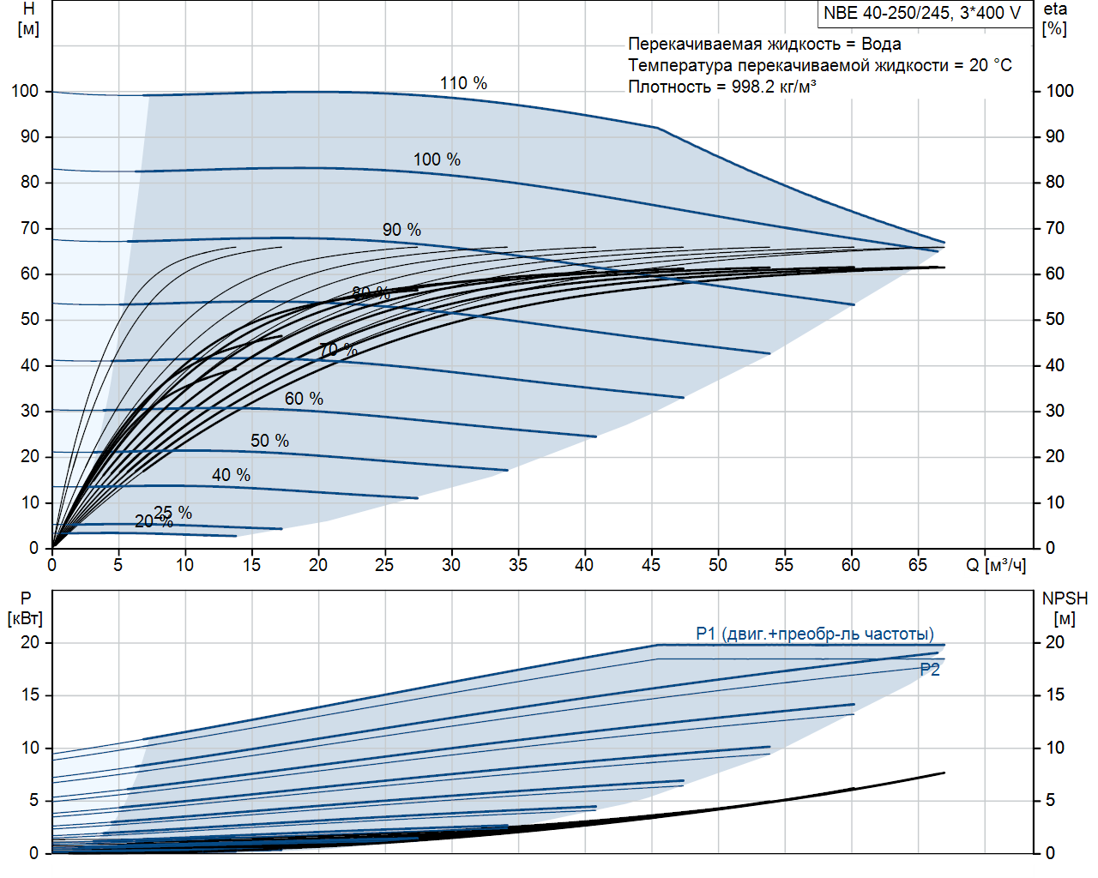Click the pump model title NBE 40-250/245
coord(922,13)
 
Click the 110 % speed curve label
coord(463,83)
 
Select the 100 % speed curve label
coord(437,159)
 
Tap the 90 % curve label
coord(401,230)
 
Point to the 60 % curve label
coord(304,399)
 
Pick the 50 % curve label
coord(269,441)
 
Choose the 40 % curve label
coord(231,475)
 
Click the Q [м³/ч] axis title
coord(995,565)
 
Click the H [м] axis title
coord(28,19)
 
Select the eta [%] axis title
coord(1055,19)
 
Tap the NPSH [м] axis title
coord(1065,608)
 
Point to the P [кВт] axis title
coord(26,608)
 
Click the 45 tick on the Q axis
coord(651,565)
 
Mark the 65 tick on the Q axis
coord(917,565)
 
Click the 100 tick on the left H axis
coord(25,91)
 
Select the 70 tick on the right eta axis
coord(1055,228)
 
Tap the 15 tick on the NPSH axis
coord(1055,695)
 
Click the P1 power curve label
coord(814,634)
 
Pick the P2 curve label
coord(930,670)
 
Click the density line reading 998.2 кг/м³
coord(721,87)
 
